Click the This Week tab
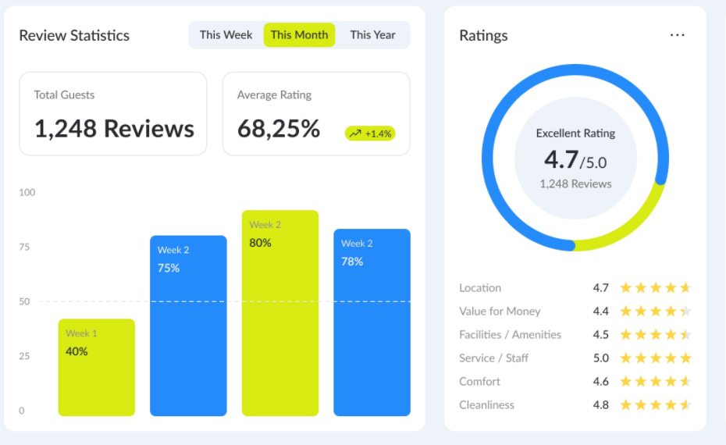click(226, 35)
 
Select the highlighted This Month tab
click(299, 35)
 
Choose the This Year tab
click(372, 35)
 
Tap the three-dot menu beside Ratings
click(677, 35)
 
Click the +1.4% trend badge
click(370, 133)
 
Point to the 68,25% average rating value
click(279, 129)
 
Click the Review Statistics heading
click(74, 36)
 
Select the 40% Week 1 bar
click(96, 367)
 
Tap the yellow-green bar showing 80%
click(279, 312)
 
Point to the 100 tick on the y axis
click(27, 193)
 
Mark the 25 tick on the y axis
click(24, 357)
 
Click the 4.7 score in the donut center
click(561, 159)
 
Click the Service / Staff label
click(493, 358)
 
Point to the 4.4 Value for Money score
click(600, 311)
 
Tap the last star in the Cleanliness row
click(685, 405)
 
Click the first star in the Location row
click(625, 288)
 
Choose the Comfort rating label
click(479, 382)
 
